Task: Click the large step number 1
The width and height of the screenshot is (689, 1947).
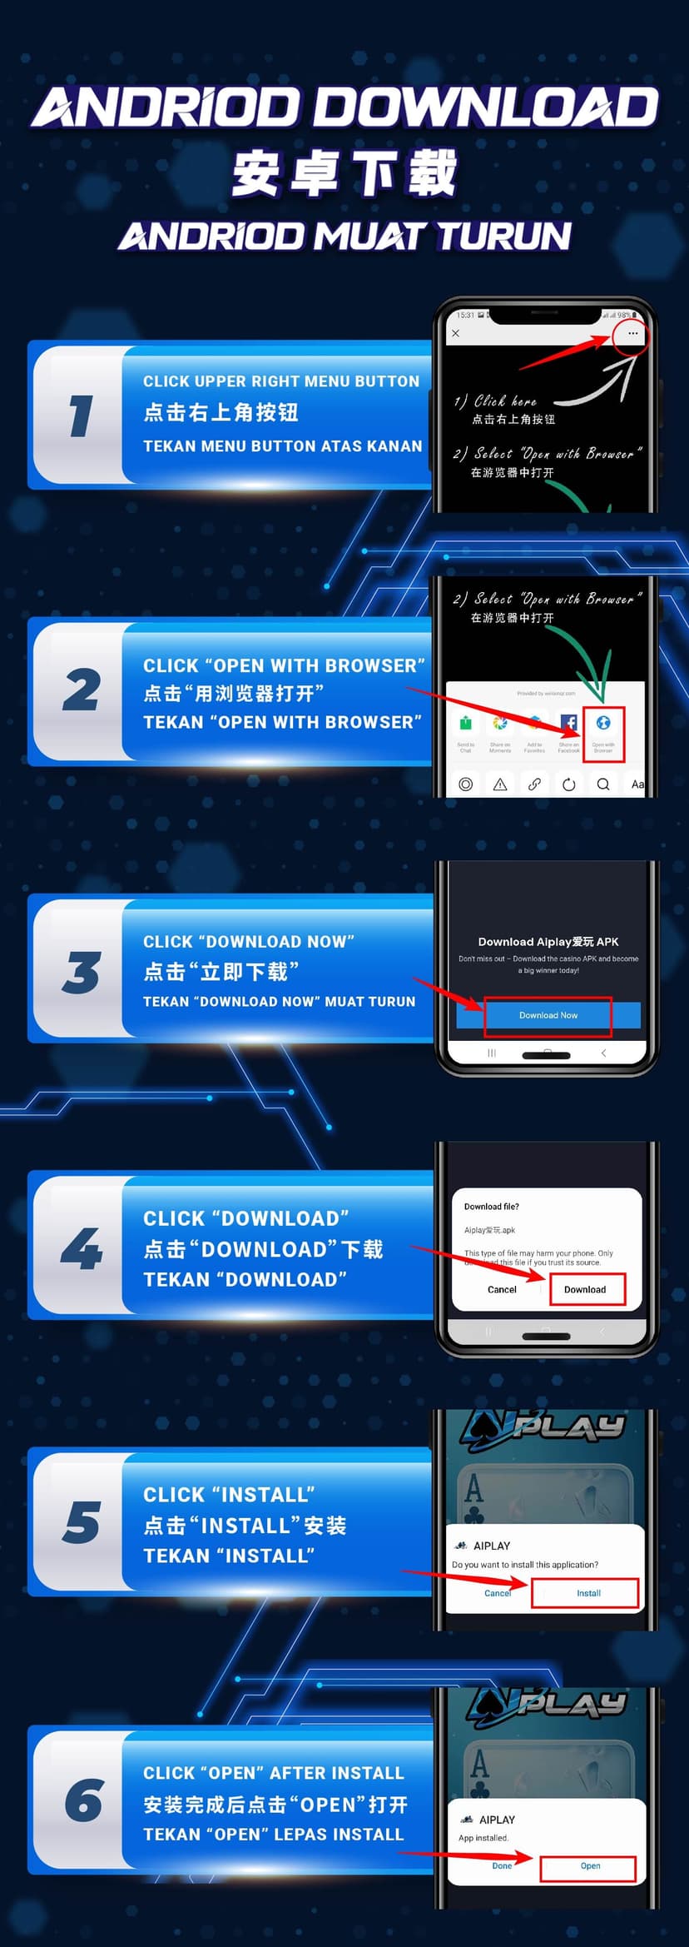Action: coord(81,415)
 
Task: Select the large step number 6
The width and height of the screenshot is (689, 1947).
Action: coord(84,1800)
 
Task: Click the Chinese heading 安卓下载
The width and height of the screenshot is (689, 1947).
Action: coord(344,173)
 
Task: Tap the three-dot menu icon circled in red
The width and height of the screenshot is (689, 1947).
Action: coord(632,333)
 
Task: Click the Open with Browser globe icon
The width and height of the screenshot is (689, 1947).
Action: coord(603,723)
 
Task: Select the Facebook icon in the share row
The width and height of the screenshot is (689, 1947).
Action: coord(568,723)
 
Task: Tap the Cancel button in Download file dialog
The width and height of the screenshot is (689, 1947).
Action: coord(502,1289)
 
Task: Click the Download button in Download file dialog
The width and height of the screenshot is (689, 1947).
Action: coord(585,1289)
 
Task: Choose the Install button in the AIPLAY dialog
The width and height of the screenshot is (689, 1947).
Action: coord(588,1593)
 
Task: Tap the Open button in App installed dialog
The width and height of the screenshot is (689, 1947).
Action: coord(590,1865)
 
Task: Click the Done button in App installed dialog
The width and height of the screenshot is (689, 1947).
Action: coord(502,1865)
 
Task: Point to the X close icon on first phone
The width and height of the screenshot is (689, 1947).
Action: coord(455,333)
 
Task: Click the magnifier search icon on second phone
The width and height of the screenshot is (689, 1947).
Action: coord(603,784)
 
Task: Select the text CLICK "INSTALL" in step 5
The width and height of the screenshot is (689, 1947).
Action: coord(229,1495)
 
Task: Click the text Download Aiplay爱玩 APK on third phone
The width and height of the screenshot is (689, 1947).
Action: coord(548,942)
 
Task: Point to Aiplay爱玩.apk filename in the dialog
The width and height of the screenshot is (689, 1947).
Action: coord(489,1230)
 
